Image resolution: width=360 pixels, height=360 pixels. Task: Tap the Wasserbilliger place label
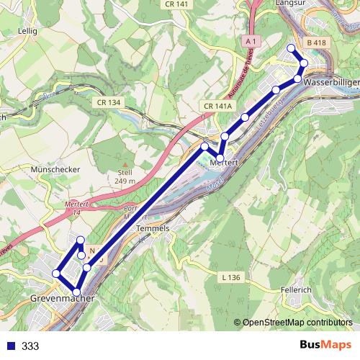click(x=331, y=83)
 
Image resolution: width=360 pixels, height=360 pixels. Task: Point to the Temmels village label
click(x=153, y=228)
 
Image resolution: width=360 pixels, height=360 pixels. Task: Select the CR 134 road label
click(x=109, y=103)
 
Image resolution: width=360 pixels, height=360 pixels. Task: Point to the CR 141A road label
click(x=218, y=107)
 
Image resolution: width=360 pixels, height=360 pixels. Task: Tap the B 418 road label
click(x=316, y=44)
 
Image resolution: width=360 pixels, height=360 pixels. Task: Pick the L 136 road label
click(x=230, y=276)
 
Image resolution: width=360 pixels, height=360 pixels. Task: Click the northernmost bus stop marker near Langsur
click(x=292, y=48)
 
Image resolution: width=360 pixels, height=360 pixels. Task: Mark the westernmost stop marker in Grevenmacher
click(x=56, y=274)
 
